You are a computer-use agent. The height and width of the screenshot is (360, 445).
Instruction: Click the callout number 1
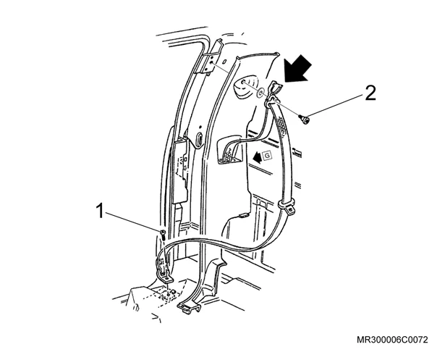coord(100,211)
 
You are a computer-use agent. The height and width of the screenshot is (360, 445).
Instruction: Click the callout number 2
coord(370,93)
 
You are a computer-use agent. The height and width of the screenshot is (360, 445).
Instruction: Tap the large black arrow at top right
coord(298,69)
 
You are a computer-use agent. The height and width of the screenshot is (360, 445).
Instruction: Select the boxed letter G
coord(267,156)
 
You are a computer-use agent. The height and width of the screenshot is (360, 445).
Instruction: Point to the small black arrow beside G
coord(258,157)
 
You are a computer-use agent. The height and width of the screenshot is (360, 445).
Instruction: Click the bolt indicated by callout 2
coord(304,120)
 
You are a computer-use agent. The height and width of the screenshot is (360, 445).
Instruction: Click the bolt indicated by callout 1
coord(163,234)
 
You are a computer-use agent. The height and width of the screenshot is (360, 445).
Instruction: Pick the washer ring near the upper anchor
coord(260,92)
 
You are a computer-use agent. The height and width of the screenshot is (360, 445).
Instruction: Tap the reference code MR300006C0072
coord(392,340)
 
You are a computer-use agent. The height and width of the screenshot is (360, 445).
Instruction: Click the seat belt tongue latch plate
coord(287,206)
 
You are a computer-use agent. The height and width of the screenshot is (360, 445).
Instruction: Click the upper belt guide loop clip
coord(274,92)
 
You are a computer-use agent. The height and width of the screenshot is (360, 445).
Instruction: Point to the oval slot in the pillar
coord(200,138)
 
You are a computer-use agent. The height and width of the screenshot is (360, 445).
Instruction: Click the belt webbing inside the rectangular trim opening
coord(230,153)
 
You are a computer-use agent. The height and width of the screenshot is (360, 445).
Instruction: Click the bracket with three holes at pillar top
coord(211,63)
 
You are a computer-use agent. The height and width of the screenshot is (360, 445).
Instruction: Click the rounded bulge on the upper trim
coord(245,86)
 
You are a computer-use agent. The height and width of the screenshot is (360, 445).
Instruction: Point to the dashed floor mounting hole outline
coord(167,296)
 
